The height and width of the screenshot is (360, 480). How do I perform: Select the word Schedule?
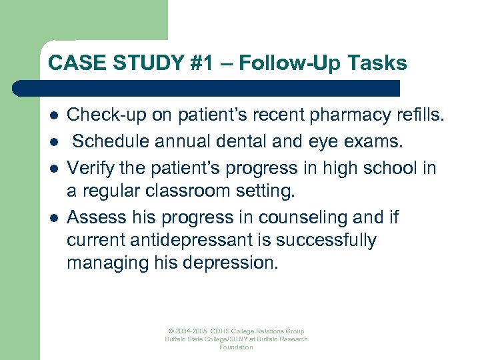pos(113,141)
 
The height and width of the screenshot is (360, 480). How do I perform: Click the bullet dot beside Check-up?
pos(55,116)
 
